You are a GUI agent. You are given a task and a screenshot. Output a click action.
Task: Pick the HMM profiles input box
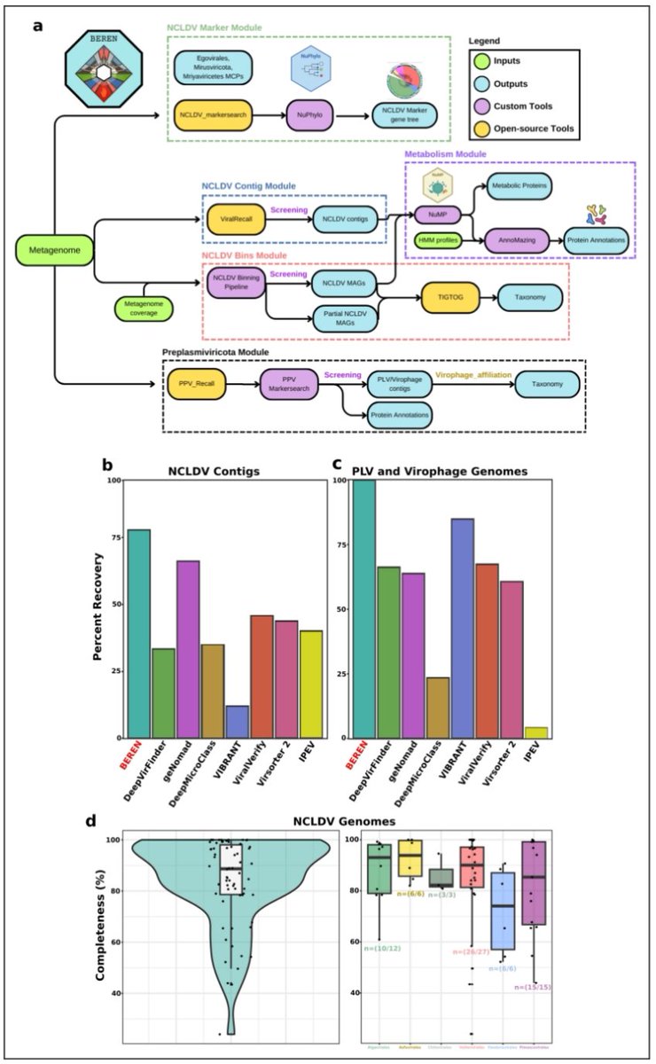442,239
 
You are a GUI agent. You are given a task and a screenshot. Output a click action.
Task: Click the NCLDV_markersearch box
211,114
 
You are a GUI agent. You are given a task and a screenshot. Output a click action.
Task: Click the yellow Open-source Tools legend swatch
485,129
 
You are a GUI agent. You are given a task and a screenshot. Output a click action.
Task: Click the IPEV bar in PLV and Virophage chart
536,731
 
